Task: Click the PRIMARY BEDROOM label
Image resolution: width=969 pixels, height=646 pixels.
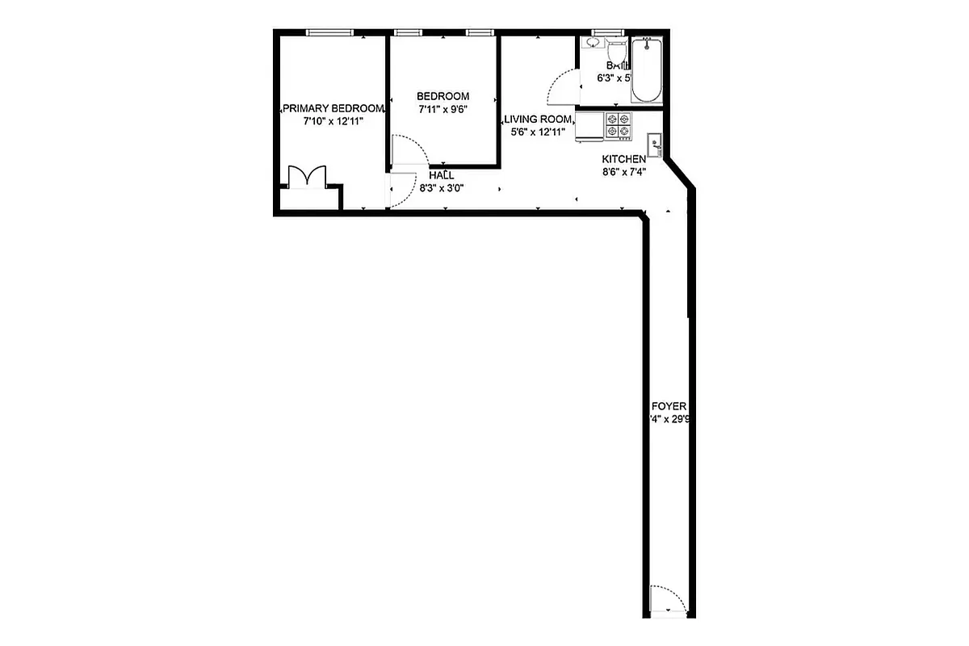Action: pyautogui.click(x=333, y=109)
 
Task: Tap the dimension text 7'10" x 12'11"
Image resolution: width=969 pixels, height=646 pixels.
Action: pyautogui.click(x=333, y=121)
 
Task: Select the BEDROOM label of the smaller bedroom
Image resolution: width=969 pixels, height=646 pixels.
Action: pyautogui.click(x=443, y=96)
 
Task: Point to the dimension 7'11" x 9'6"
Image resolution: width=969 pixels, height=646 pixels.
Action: pyautogui.click(x=443, y=109)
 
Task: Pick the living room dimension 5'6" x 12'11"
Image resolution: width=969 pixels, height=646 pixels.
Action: pyautogui.click(x=538, y=132)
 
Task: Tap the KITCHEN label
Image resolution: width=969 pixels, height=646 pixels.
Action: pyautogui.click(x=623, y=159)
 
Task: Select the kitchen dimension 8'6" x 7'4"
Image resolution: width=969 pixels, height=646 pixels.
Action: pyautogui.click(x=623, y=171)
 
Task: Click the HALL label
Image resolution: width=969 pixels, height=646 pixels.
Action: pyautogui.click(x=442, y=175)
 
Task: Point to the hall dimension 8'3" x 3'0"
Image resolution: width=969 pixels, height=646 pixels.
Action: pyautogui.click(x=442, y=188)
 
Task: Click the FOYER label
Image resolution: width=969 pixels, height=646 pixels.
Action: pyautogui.click(x=669, y=406)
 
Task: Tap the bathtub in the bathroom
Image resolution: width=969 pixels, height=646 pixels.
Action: pyautogui.click(x=646, y=70)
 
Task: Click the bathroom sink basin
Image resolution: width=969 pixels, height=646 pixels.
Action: pyautogui.click(x=592, y=43)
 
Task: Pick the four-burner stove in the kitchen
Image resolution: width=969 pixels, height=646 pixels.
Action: pyautogui.click(x=619, y=124)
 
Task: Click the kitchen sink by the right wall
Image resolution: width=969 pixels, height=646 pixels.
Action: pyautogui.click(x=656, y=144)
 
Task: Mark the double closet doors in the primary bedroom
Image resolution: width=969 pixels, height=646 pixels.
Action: pyautogui.click(x=307, y=177)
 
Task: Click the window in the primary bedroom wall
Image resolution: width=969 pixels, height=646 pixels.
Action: pyautogui.click(x=329, y=32)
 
